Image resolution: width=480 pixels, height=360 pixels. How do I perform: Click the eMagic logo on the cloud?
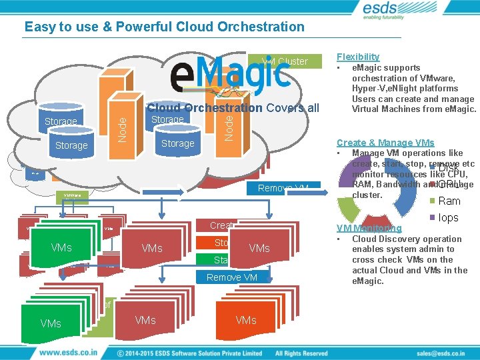[230, 73]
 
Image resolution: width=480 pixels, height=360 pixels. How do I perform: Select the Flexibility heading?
[358, 57]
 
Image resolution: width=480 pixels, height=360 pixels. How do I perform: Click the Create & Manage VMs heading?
[385, 143]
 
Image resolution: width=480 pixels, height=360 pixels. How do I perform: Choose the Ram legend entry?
[449, 201]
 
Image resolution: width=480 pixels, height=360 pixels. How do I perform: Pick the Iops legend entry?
[448, 217]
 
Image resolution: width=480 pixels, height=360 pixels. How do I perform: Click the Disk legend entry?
[448, 168]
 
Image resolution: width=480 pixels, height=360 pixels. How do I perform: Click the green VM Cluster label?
[285, 61]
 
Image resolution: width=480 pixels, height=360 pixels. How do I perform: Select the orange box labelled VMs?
[246, 320]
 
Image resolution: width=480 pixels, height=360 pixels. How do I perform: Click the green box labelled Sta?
[221, 259]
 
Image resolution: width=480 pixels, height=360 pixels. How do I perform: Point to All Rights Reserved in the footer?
[301, 353]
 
